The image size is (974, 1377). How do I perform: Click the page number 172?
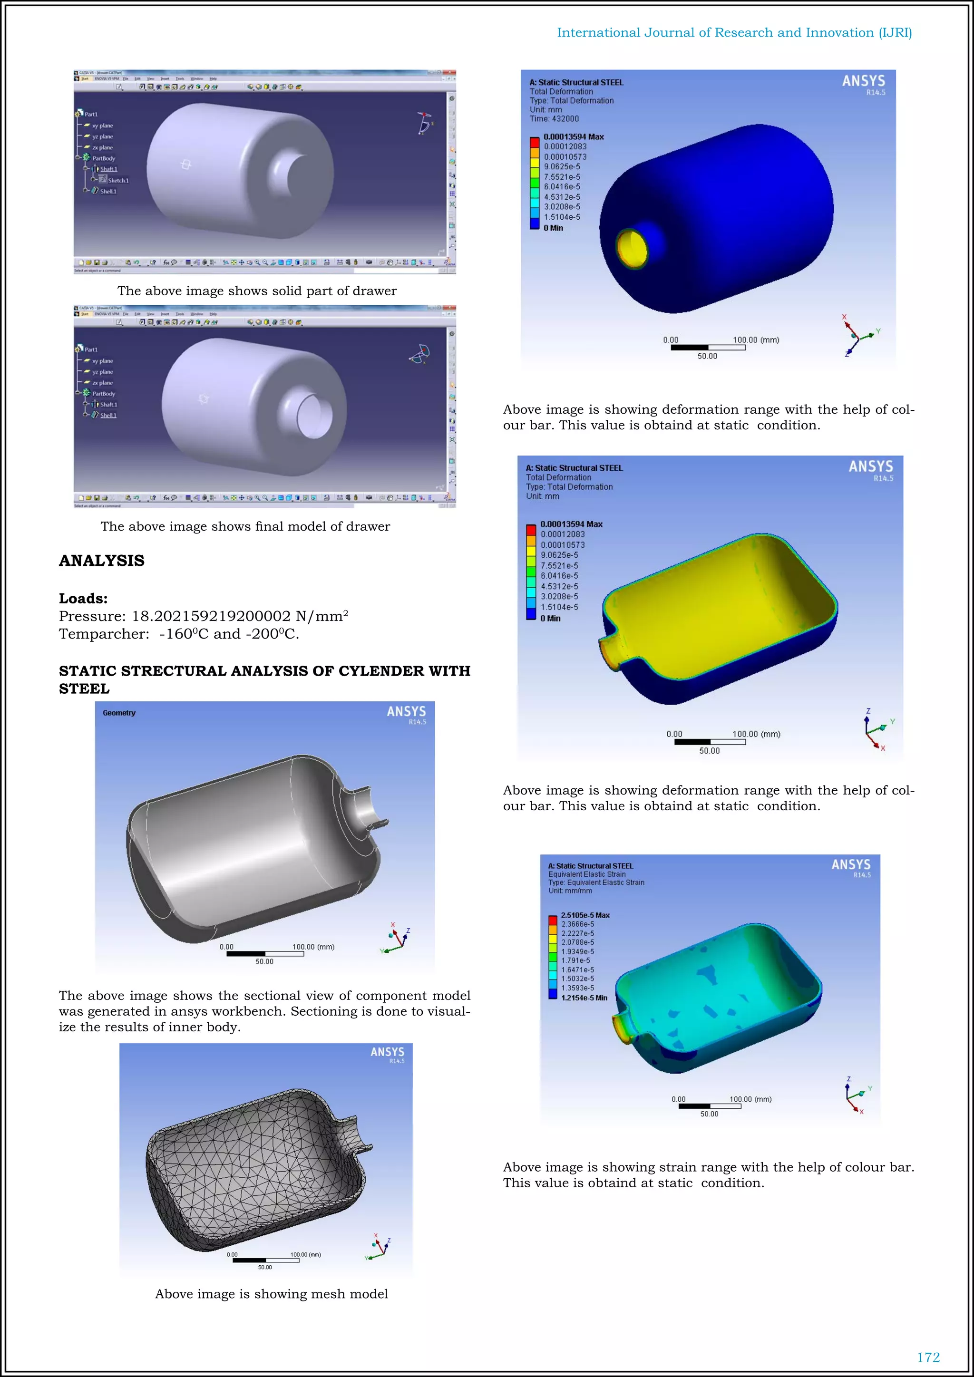tap(928, 1357)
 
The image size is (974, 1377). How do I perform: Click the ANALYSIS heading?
tap(101, 561)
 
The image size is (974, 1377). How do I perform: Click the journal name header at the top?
tap(734, 33)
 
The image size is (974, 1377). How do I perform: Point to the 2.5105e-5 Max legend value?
tap(585, 915)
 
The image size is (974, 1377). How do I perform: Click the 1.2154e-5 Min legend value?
tap(584, 998)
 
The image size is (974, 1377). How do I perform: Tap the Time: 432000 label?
tap(554, 119)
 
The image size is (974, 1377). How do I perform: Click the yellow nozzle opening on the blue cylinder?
tap(633, 248)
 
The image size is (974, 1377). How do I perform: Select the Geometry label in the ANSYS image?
tap(119, 713)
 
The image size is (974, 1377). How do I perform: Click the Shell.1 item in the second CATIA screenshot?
tap(108, 415)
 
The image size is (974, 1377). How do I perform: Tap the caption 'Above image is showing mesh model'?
tap(271, 1294)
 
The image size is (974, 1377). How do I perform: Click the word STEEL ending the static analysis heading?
tap(84, 688)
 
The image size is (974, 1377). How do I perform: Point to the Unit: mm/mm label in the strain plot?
tap(570, 891)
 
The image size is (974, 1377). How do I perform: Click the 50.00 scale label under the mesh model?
tap(264, 1267)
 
